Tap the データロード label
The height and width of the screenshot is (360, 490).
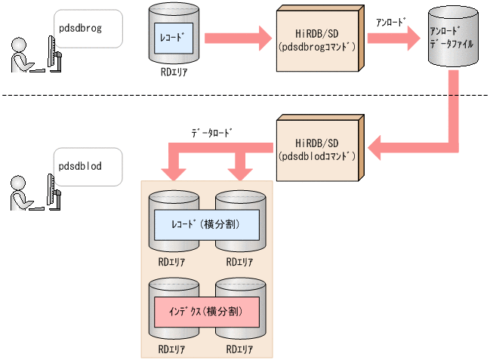click(x=211, y=132)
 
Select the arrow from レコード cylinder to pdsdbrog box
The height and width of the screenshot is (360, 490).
click(x=238, y=36)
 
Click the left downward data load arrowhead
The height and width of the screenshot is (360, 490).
click(x=173, y=173)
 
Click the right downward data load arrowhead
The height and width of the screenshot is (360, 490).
click(x=240, y=173)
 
